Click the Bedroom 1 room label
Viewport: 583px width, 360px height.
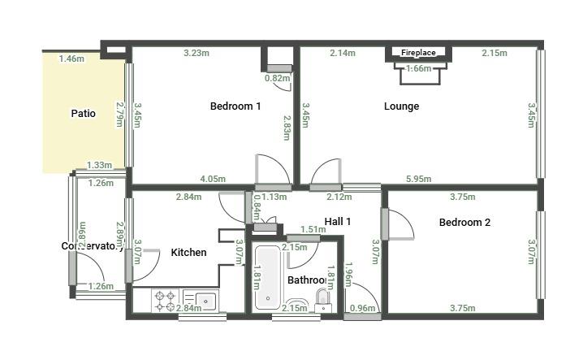pyautogui.click(x=235, y=106)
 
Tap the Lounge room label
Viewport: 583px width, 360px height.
pyautogui.click(x=401, y=106)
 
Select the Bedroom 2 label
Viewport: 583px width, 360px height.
pyautogui.click(x=464, y=223)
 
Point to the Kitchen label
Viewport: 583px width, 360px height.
pyautogui.click(x=188, y=253)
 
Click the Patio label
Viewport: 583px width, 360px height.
pyautogui.click(x=83, y=114)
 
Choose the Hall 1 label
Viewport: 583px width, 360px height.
pyautogui.click(x=338, y=221)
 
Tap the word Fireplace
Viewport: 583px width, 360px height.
pyautogui.click(x=418, y=53)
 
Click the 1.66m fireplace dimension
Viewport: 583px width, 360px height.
pyautogui.click(x=418, y=69)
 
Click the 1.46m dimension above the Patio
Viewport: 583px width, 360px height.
pyautogui.click(x=71, y=59)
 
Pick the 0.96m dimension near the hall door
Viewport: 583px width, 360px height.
pyautogui.click(x=361, y=308)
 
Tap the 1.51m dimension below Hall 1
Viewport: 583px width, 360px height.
pyautogui.click(x=313, y=230)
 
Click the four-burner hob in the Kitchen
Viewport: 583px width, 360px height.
pyautogui.click(x=166, y=301)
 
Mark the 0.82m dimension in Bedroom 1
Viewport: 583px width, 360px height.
pyautogui.click(x=278, y=79)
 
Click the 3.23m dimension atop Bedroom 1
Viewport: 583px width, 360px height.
pyautogui.click(x=196, y=54)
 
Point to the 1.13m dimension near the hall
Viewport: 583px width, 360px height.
pyautogui.click(x=275, y=197)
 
